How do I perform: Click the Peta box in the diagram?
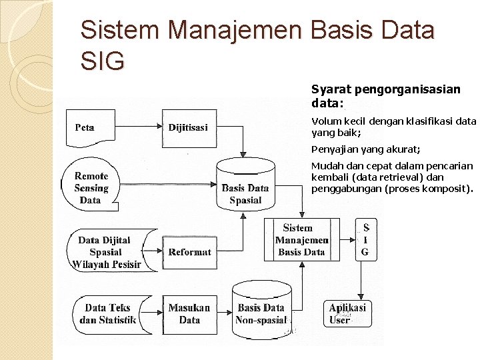[x=85, y=127]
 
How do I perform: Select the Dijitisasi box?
[x=188, y=127]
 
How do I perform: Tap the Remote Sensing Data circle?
[x=91, y=188]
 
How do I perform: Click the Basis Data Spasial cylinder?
[x=245, y=190]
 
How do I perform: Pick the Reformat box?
[x=189, y=252]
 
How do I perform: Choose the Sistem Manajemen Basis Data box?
[x=301, y=240]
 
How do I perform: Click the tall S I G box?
[x=365, y=240]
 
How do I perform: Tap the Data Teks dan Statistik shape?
[x=107, y=314]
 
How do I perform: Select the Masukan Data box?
[x=189, y=314]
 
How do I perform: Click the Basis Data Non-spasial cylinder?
[x=261, y=312]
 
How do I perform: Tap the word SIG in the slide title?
[x=102, y=61]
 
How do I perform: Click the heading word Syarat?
[x=329, y=89]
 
